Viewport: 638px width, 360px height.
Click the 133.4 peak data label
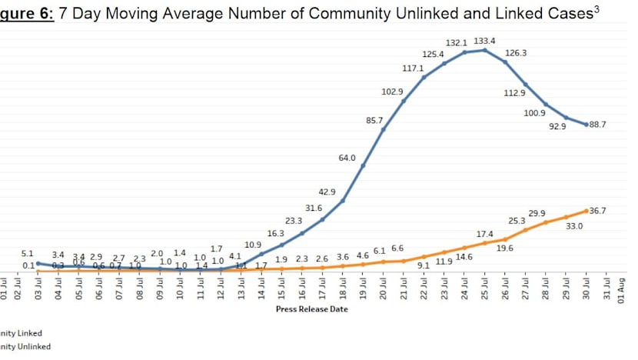point(485,41)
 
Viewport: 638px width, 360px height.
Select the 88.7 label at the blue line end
point(597,125)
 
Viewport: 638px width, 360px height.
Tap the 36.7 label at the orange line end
point(598,210)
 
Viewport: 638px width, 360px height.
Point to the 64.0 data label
point(347,158)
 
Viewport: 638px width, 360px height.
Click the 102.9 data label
point(392,92)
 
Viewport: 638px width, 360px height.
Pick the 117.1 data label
point(413,68)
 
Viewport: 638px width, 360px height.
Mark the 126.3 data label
point(516,53)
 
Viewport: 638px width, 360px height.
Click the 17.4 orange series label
point(484,233)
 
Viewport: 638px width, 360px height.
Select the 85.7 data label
point(374,121)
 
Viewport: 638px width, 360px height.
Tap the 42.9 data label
point(327,191)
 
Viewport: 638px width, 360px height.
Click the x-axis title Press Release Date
point(311,309)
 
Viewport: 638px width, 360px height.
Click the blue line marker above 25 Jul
point(485,50)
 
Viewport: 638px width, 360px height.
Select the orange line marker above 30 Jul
point(586,210)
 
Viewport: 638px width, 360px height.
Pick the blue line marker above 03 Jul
point(38,263)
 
